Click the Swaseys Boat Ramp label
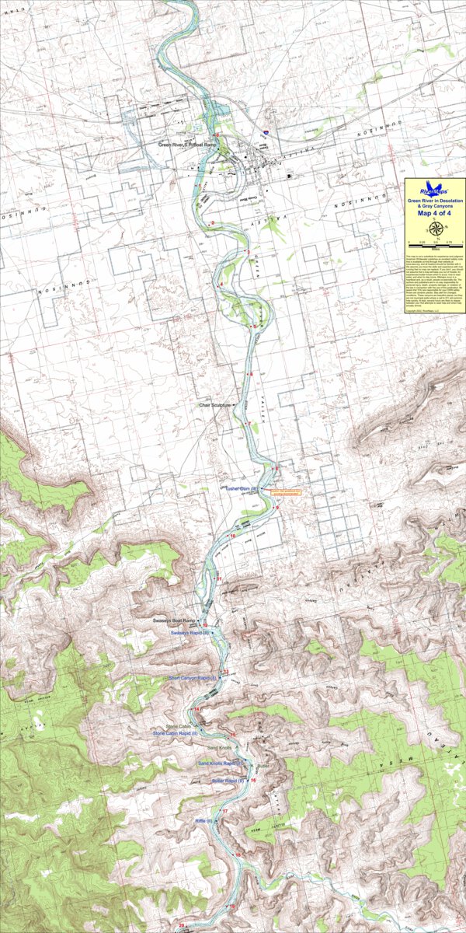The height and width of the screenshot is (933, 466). (176, 621)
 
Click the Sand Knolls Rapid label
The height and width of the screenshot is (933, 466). (218, 764)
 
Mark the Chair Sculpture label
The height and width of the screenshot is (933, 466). (215, 405)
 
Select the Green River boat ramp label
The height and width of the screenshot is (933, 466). (181, 145)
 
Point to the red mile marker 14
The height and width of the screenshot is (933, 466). (197, 709)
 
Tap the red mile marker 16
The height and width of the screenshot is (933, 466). (253, 780)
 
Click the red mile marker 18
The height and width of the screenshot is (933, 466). (239, 855)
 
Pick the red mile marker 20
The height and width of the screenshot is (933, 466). (182, 924)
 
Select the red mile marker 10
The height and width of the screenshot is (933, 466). (233, 536)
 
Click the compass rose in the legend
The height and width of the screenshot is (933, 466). (434, 228)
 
